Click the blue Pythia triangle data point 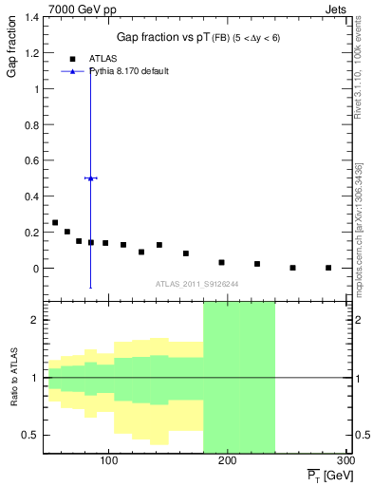point(90,178)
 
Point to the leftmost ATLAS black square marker point(55,223)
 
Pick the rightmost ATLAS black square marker point(328,268)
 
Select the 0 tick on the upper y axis point(38,269)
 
